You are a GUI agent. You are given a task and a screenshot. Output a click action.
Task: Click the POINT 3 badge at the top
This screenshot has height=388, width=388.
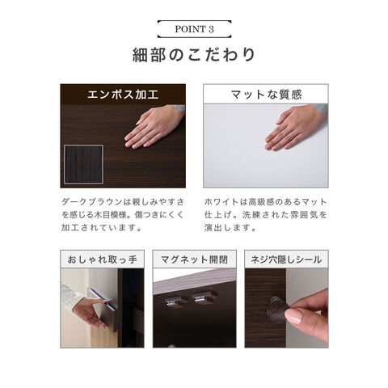[x=194, y=29]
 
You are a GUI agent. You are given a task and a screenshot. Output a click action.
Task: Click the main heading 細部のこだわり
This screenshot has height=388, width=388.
[x=194, y=55]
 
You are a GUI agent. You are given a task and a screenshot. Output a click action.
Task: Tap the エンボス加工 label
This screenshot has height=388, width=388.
[x=123, y=95]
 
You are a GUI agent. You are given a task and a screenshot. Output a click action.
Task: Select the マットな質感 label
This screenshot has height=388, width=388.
[x=266, y=95]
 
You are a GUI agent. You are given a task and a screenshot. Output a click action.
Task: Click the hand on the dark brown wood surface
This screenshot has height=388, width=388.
[x=154, y=127]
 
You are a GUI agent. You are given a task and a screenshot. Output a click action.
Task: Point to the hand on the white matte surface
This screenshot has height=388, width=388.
[x=295, y=127]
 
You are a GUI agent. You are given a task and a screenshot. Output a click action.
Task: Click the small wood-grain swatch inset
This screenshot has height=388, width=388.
[x=83, y=164]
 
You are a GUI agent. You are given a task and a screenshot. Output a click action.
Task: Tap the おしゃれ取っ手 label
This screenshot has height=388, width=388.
[x=102, y=259]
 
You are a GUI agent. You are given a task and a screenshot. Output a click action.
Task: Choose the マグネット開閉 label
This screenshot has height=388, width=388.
[x=194, y=259]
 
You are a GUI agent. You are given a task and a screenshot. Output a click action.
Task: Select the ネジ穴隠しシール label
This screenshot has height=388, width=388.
[x=286, y=259]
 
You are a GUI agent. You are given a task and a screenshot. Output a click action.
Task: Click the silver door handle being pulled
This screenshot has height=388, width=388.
[x=103, y=298]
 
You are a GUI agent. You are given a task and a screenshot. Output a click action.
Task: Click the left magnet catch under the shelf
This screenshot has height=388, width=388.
[x=173, y=301]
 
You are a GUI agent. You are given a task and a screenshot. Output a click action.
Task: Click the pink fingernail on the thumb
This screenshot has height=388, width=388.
[x=294, y=317]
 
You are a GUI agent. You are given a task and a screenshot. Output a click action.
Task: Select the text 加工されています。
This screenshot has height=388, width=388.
[x=101, y=228]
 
